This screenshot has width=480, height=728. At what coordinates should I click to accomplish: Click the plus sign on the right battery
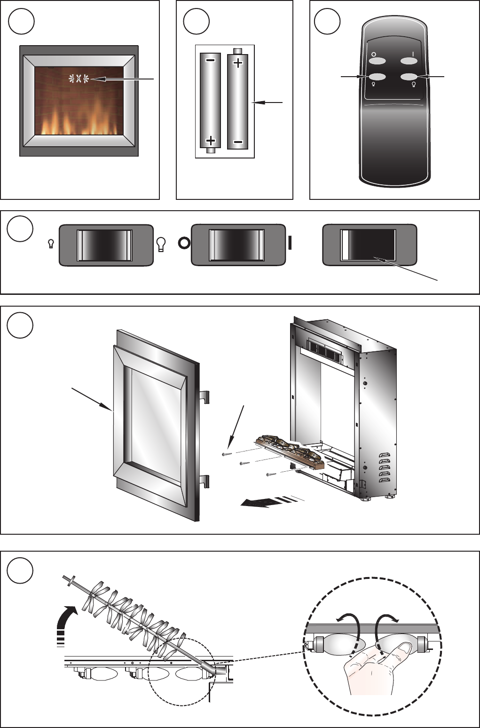(x=238, y=63)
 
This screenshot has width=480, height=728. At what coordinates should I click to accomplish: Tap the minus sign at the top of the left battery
(x=211, y=61)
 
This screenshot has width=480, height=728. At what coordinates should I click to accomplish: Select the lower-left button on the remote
(x=378, y=77)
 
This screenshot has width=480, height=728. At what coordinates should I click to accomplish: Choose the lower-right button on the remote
(x=409, y=77)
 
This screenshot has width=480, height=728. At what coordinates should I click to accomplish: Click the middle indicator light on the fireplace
(x=79, y=79)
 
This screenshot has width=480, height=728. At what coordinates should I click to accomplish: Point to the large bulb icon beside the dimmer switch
(x=161, y=244)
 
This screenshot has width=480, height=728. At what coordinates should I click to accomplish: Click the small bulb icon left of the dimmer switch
(x=51, y=244)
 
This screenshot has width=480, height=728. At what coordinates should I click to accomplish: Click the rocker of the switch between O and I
(x=236, y=245)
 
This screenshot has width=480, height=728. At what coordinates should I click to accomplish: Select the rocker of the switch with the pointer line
(x=368, y=245)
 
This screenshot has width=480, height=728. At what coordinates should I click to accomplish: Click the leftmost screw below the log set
(x=226, y=454)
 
